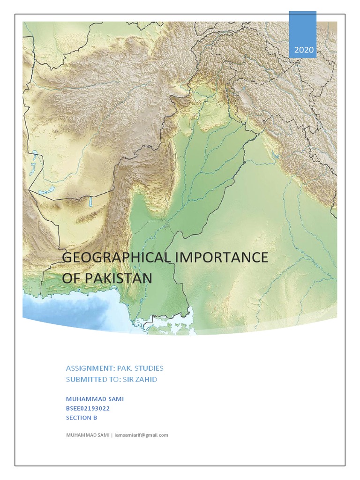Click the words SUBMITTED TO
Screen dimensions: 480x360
point(93,379)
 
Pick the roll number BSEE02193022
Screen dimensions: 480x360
point(88,408)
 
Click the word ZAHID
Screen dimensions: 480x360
point(147,379)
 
